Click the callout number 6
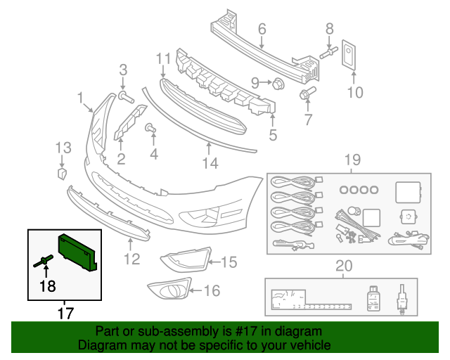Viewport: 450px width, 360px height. coord(262,30)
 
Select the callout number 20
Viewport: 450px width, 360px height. coord(342,265)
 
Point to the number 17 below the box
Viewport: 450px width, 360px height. coord(65,311)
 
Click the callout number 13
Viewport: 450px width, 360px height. coord(63,147)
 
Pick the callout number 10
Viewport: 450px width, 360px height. coord(354,91)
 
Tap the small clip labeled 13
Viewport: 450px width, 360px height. coord(61,172)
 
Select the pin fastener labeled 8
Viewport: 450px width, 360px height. coord(328,52)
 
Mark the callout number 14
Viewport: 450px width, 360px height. coord(210,164)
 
